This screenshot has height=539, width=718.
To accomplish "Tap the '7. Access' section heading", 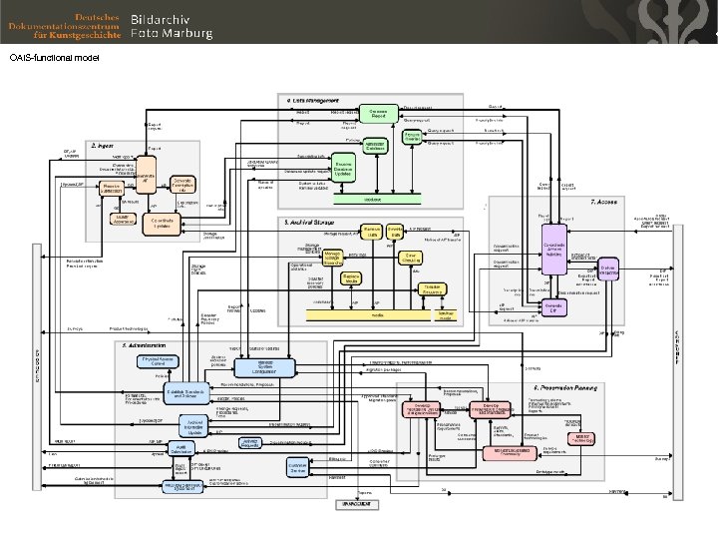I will (604, 200).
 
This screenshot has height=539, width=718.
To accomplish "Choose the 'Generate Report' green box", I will (378, 114).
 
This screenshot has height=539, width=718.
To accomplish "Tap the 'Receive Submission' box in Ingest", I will (112, 188).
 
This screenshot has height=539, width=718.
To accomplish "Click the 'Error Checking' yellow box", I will (410, 257).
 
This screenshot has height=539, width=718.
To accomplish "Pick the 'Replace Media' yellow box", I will (350, 278).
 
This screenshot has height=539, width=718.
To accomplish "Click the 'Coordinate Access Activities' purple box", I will (555, 249).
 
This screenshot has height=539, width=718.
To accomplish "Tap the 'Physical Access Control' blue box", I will (157, 360).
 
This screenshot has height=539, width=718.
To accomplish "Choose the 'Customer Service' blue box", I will (297, 466).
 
